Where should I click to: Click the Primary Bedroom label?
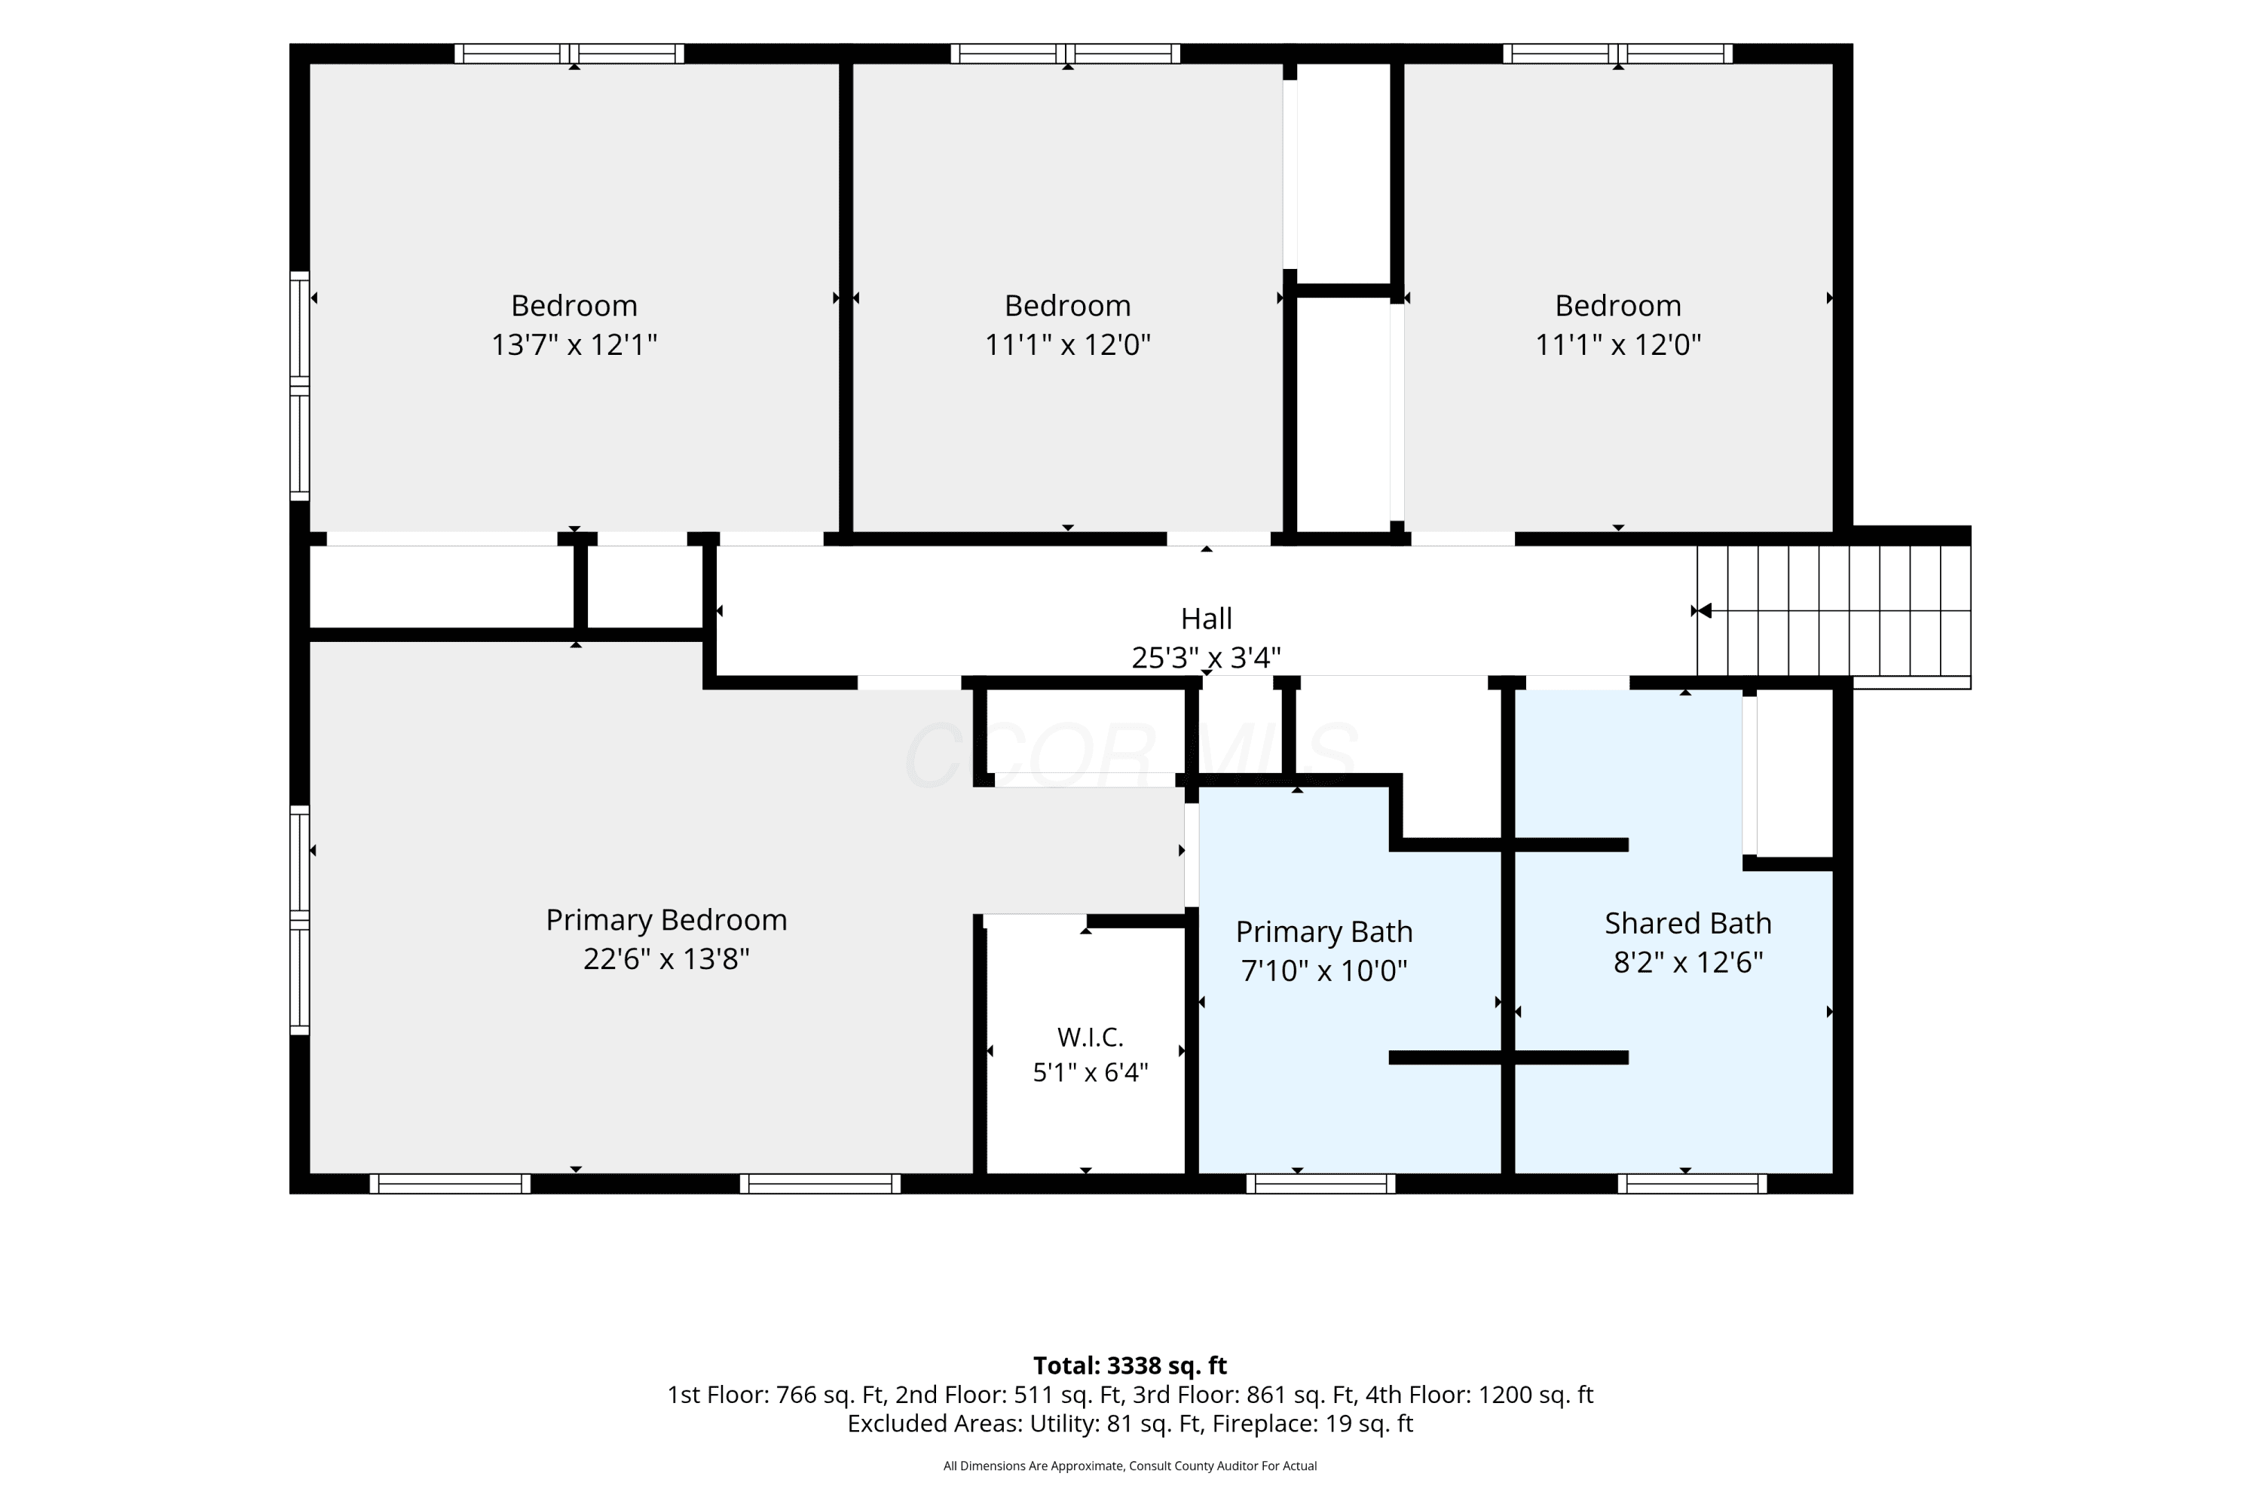click(x=666, y=920)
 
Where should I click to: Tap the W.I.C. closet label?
click(x=1090, y=1037)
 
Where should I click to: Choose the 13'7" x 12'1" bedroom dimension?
click(x=574, y=344)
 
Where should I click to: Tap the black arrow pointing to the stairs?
click(x=1704, y=610)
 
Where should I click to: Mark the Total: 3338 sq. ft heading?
click(x=1130, y=1365)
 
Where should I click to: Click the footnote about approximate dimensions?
click(x=1130, y=1466)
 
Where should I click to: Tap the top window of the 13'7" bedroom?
click(x=569, y=53)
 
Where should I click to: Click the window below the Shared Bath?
click(x=1692, y=1183)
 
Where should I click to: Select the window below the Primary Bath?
click(x=1321, y=1183)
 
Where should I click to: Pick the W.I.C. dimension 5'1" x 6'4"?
click(x=1090, y=1071)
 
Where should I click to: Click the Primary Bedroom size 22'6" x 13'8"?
click(x=666, y=958)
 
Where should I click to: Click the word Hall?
click(x=1207, y=618)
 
